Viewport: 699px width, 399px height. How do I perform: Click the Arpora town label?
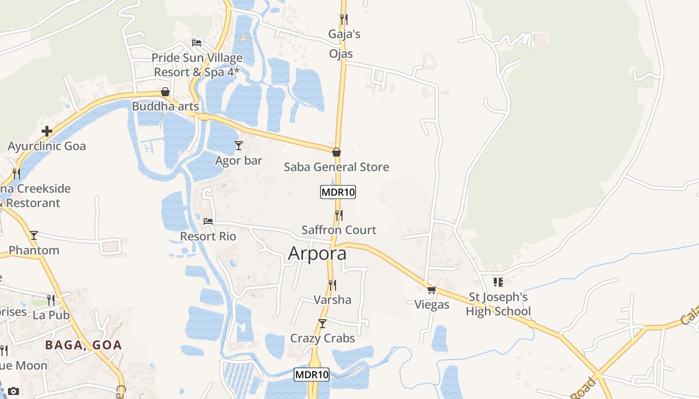point(317,253)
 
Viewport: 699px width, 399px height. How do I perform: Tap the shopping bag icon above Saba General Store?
point(337,152)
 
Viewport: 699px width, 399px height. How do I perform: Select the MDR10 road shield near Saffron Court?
point(338,192)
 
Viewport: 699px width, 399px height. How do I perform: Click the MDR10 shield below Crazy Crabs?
point(312,375)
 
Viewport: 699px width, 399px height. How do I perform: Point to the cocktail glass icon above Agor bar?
point(239,146)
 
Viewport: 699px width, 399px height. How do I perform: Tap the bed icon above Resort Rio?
point(208,221)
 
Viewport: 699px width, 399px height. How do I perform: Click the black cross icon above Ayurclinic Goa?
point(47,131)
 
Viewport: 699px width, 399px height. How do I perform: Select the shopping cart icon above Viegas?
point(432,289)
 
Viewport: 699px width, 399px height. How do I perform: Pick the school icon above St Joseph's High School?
point(498,282)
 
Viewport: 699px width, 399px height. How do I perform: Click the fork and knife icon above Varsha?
point(332,285)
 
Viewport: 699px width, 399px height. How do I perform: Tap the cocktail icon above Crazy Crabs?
point(323,323)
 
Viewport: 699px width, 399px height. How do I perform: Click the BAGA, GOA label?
point(83,345)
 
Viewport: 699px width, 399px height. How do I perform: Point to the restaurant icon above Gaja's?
point(344,19)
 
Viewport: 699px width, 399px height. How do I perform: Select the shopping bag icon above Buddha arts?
point(165,92)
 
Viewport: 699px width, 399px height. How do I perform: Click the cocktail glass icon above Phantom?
point(34,235)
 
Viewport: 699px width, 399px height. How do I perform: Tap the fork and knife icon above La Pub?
point(51,300)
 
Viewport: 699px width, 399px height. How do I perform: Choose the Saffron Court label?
point(339,230)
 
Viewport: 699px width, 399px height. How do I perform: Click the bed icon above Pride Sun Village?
point(197,43)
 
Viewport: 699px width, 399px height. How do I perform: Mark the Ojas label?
point(341,54)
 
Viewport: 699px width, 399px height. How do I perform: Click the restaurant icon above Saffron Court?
point(339,215)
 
